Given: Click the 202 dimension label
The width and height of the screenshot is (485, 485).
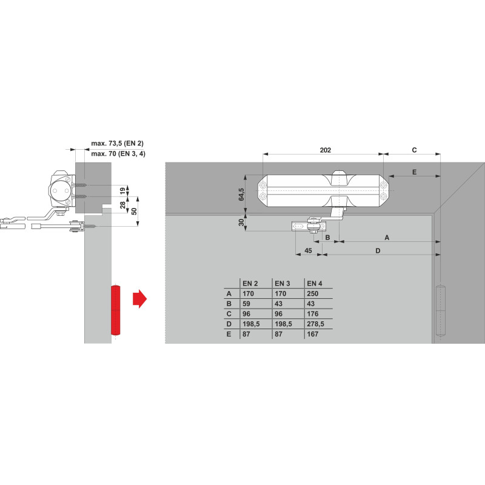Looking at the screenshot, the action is pos(325,150).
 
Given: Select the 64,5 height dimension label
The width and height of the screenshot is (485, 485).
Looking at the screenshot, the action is pos(241,195).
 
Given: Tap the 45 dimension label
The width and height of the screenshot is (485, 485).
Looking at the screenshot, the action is pos(308,250).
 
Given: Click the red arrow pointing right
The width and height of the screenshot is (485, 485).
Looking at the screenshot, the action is pos(139,299).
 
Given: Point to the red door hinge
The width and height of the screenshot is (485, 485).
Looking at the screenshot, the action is pos(115,310).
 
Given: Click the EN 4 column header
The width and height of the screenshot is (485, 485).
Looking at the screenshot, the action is pos(315,283).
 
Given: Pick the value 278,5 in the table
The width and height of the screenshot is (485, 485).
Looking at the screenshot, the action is pos(315,324).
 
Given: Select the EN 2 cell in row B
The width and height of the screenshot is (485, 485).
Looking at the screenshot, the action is pos(246,304).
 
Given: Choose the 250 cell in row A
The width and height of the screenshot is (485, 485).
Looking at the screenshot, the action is pos(313,293).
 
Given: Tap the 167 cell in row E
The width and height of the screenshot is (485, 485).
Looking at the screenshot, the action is pos(313,334).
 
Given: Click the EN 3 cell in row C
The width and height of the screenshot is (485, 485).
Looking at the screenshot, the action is pos(278,314).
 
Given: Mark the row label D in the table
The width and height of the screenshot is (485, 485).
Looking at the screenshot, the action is pos(229,324).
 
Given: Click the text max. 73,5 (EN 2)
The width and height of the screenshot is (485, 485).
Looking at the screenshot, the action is pos(118,143).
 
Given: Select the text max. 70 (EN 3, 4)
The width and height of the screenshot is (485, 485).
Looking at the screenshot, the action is pos(118,153).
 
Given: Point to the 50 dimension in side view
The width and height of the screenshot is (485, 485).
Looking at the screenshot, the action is pos(134,211).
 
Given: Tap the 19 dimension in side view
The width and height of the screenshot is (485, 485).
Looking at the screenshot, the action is pos(123,191).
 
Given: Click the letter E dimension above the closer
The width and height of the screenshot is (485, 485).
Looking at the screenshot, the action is pos(415,172).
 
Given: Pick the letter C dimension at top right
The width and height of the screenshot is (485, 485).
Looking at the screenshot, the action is pos(415,150).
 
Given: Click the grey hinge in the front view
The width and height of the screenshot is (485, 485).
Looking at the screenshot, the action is pos(441,310).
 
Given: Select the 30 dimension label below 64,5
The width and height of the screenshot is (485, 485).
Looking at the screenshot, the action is pos(241,222).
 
